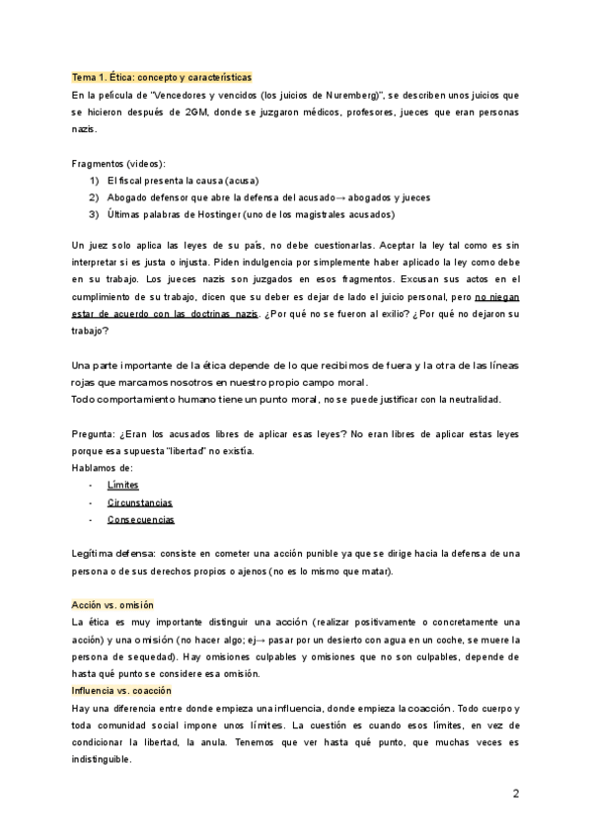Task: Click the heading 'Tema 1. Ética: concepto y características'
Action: click(x=162, y=77)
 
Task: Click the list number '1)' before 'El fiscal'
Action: click(x=95, y=181)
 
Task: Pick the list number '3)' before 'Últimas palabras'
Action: click(x=95, y=214)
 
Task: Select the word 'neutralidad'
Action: click(x=472, y=400)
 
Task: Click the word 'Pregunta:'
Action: click(x=95, y=434)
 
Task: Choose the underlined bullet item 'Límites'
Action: click(x=123, y=486)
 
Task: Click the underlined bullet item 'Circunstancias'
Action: click(x=140, y=502)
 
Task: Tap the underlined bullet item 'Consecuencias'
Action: click(x=141, y=519)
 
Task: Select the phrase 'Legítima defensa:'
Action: click(x=111, y=554)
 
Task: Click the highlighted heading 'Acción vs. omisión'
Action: click(x=112, y=604)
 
